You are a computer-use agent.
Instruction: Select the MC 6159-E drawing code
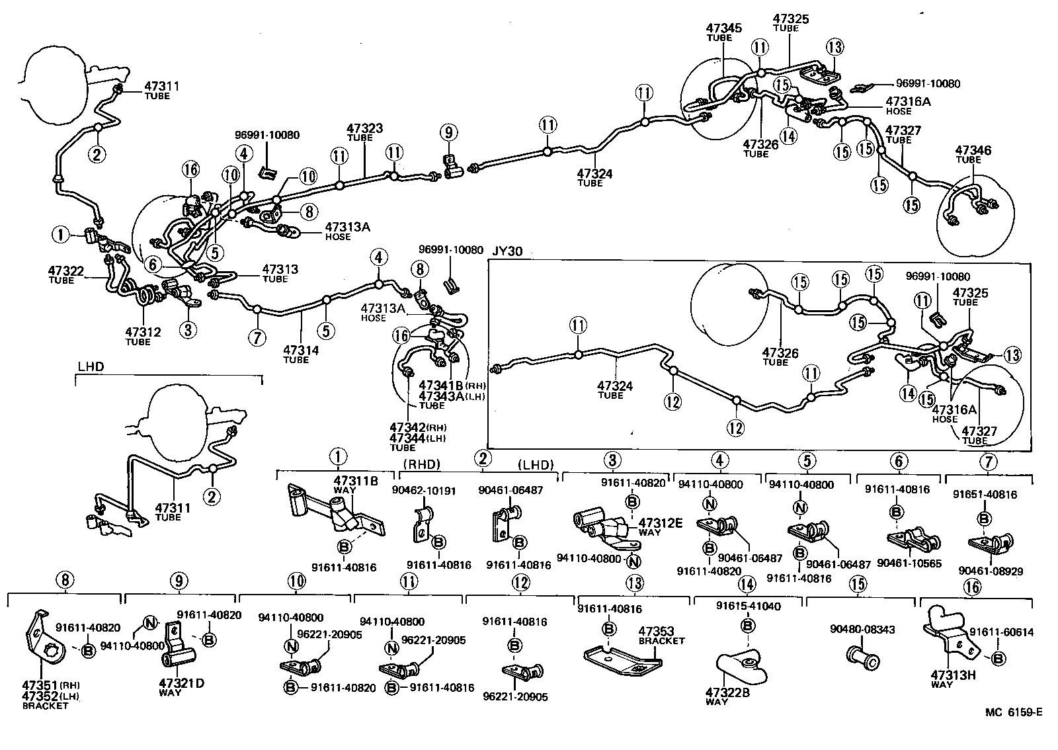pyautogui.click(x=1013, y=712)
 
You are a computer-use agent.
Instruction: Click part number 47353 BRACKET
pyautogui.click(x=657, y=632)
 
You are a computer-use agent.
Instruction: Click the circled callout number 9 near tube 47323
pyautogui.click(x=448, y=133)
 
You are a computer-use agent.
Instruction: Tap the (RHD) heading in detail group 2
pyautogui.click(x=421, y=464)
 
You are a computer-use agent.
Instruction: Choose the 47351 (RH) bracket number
pyautogui.click(x=40, y=686)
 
